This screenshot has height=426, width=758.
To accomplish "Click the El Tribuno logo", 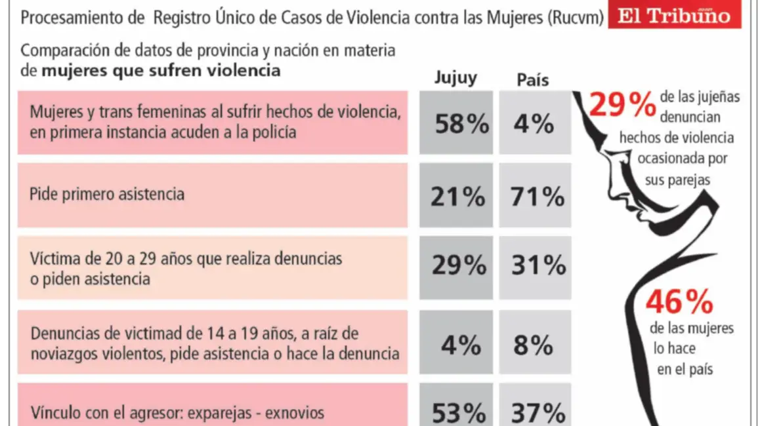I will click(x=675, y=16).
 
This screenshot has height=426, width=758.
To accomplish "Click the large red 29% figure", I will click(x=621, y=104).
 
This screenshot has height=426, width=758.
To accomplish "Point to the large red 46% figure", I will click(x=679, y=302).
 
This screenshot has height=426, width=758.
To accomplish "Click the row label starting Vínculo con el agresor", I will click(x=177, y=414).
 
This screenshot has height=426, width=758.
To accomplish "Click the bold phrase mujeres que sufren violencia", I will click(x=161, y=70).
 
